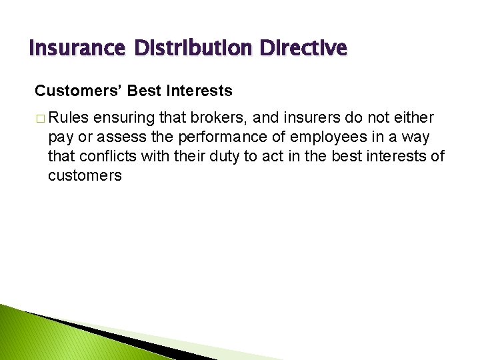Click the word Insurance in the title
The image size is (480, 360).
(x=77, y=49)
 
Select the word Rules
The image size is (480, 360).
(x=69, y=118)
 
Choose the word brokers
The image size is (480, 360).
(x=210, y=118)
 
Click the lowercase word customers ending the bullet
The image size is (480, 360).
(x=85, y=176)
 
